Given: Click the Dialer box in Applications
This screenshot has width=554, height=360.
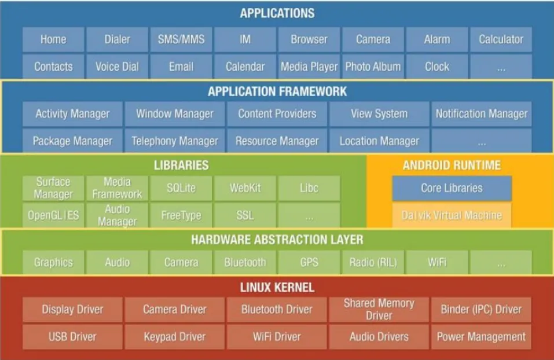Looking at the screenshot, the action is pyautogui.click(x=118, y=40).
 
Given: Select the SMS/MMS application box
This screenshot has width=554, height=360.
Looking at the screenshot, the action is pyautogui.click(x=181, y=40).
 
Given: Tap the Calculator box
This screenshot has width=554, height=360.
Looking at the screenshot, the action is pyautogui.click(x=501, y=40).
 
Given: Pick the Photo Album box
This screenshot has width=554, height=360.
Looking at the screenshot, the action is pyautogui.click(x=373, y=67).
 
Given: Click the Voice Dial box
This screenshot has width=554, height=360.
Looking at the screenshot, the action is pyautogui.click(x=118, y=67).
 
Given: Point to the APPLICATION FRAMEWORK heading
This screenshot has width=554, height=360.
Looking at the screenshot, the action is pyautogui.click(x=277, y=91).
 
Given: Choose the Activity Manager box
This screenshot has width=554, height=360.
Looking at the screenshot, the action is pyautogui.click(x=72, y=114).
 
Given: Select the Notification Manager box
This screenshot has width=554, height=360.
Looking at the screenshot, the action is pyautogui.click(x=482, y=114).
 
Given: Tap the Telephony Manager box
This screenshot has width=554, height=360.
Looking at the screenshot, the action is pyautogui.click(x=175, y=141).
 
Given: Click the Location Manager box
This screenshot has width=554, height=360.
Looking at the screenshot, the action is pyautogui.click(x=379, y=141).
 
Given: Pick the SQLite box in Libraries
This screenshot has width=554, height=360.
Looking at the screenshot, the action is pyautogui.click(x=181, y=188).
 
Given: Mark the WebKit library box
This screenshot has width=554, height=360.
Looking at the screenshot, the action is pyautogui.click(x=245, y=188).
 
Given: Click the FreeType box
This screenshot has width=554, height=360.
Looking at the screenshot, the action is pyautogui.click(x=181, y=215).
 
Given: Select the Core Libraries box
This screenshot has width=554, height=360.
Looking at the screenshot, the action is pyautogui.click(x=452, y=188).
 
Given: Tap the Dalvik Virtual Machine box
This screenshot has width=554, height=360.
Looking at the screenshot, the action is pyautogui.click(x=452, y=215).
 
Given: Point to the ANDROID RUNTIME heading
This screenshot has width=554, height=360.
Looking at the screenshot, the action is pyautogui.click(x=452, y=166).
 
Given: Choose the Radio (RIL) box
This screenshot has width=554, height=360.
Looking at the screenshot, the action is pyautogui.click(x=373, y=262).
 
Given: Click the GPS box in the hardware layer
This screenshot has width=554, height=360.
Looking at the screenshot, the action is pyautogui.click(x=309, y=262).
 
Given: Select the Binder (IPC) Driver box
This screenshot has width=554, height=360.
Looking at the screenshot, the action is pyautogui.click(x=482, y=310).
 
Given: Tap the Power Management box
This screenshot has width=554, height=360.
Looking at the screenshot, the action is pyautogui.click(x=482, y=336).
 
